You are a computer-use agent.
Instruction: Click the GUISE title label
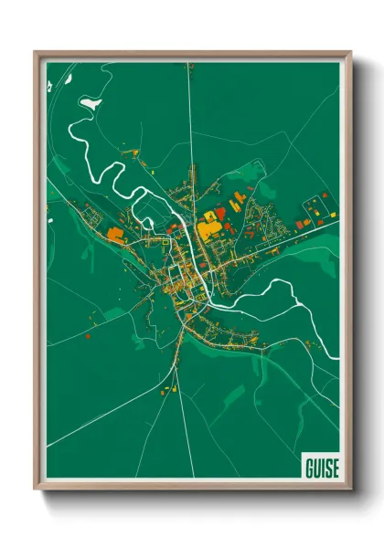tap(320, 467)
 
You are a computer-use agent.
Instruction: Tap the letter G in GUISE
tap(308, 467)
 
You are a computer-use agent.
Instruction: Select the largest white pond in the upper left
tap(91, 103)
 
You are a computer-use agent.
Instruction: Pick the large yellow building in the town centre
tap(208, 229)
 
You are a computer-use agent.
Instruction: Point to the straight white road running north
tap(189, 110)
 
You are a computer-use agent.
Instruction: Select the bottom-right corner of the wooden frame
tap(350, 490)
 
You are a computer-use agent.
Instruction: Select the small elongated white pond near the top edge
tap(51, 86)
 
